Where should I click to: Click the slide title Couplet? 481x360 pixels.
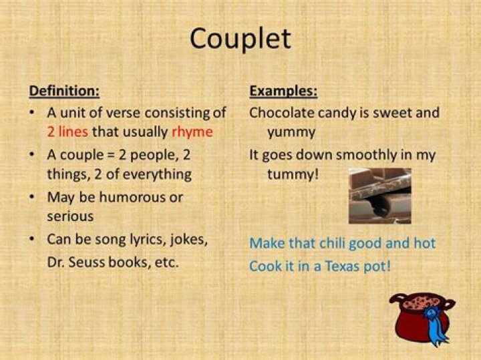pyautogui.click(x=240, y=39)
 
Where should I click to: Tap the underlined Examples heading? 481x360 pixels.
pyautogui.click(x=283, y=91)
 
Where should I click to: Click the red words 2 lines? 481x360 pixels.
pyautogui.click(x=67, y=132)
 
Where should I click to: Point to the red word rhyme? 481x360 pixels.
pyautogui.click(x=192, y=132)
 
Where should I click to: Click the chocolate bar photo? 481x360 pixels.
pyautogui.click(x=379, y=195)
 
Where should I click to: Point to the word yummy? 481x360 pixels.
pyautogui.click(x=291, y=132)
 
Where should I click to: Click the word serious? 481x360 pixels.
pyautogui.click(x=70, y=216)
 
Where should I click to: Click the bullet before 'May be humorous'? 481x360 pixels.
pyautogui.click(x=31, y=197)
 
